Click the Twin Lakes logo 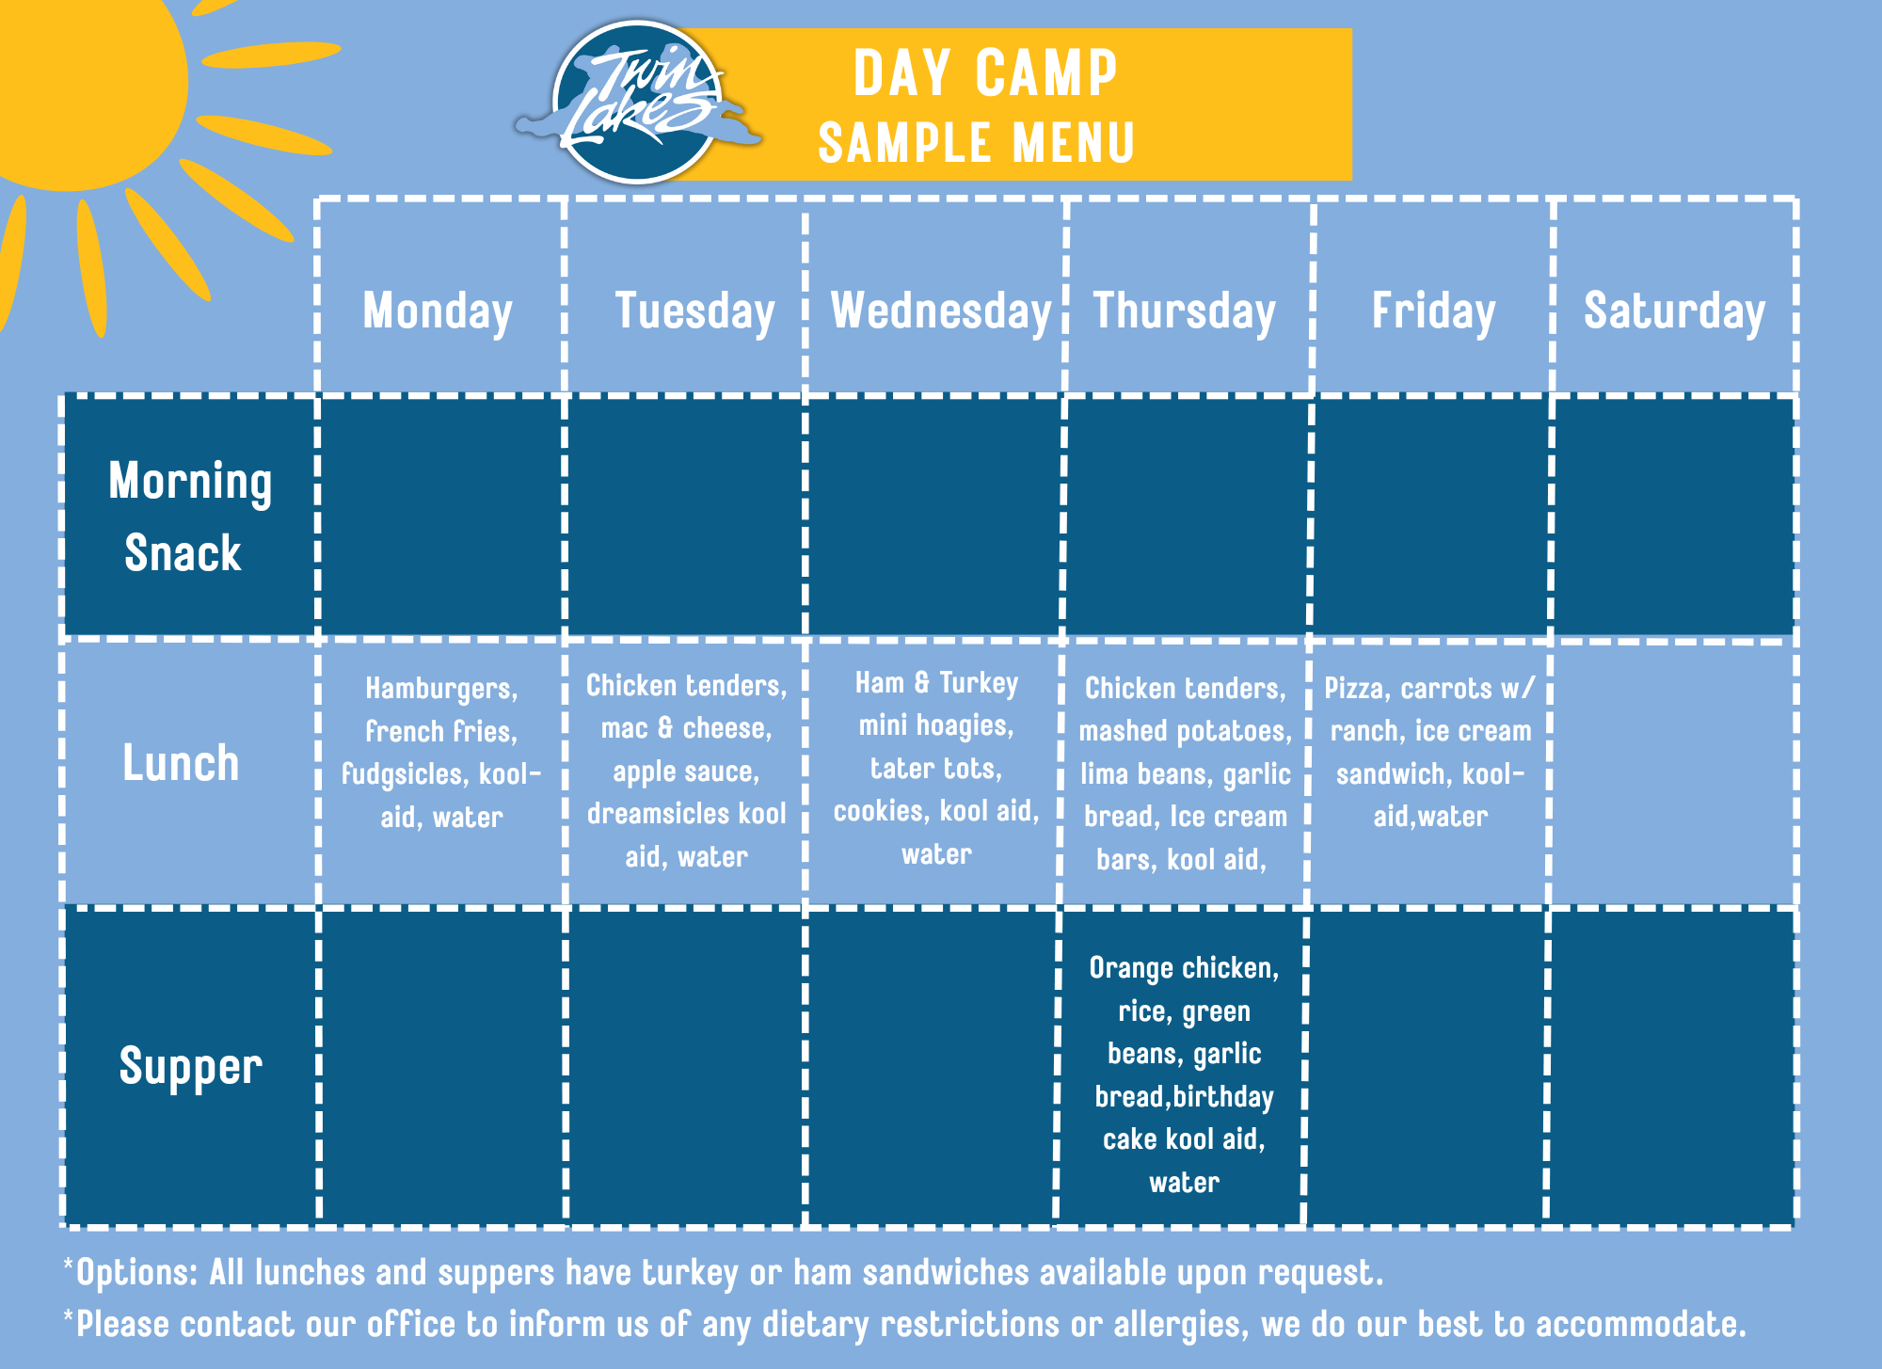pos(638,102)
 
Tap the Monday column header pos(439,311)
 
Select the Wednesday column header pos(941,311)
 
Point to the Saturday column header pos(1674,311)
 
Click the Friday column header pos(1433,311)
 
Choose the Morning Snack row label pos(190,517)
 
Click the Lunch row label pos(181,762)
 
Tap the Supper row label pos(191,1067)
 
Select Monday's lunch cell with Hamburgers pos(441,753)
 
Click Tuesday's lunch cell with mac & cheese pos(687,771)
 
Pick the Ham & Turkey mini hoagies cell pos(936,768)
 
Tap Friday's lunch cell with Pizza pos(1430,752)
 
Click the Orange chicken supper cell pos(1184,1075)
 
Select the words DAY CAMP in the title pos(985,73)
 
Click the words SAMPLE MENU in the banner pos(977,143)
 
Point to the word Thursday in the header pos(1184,311)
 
